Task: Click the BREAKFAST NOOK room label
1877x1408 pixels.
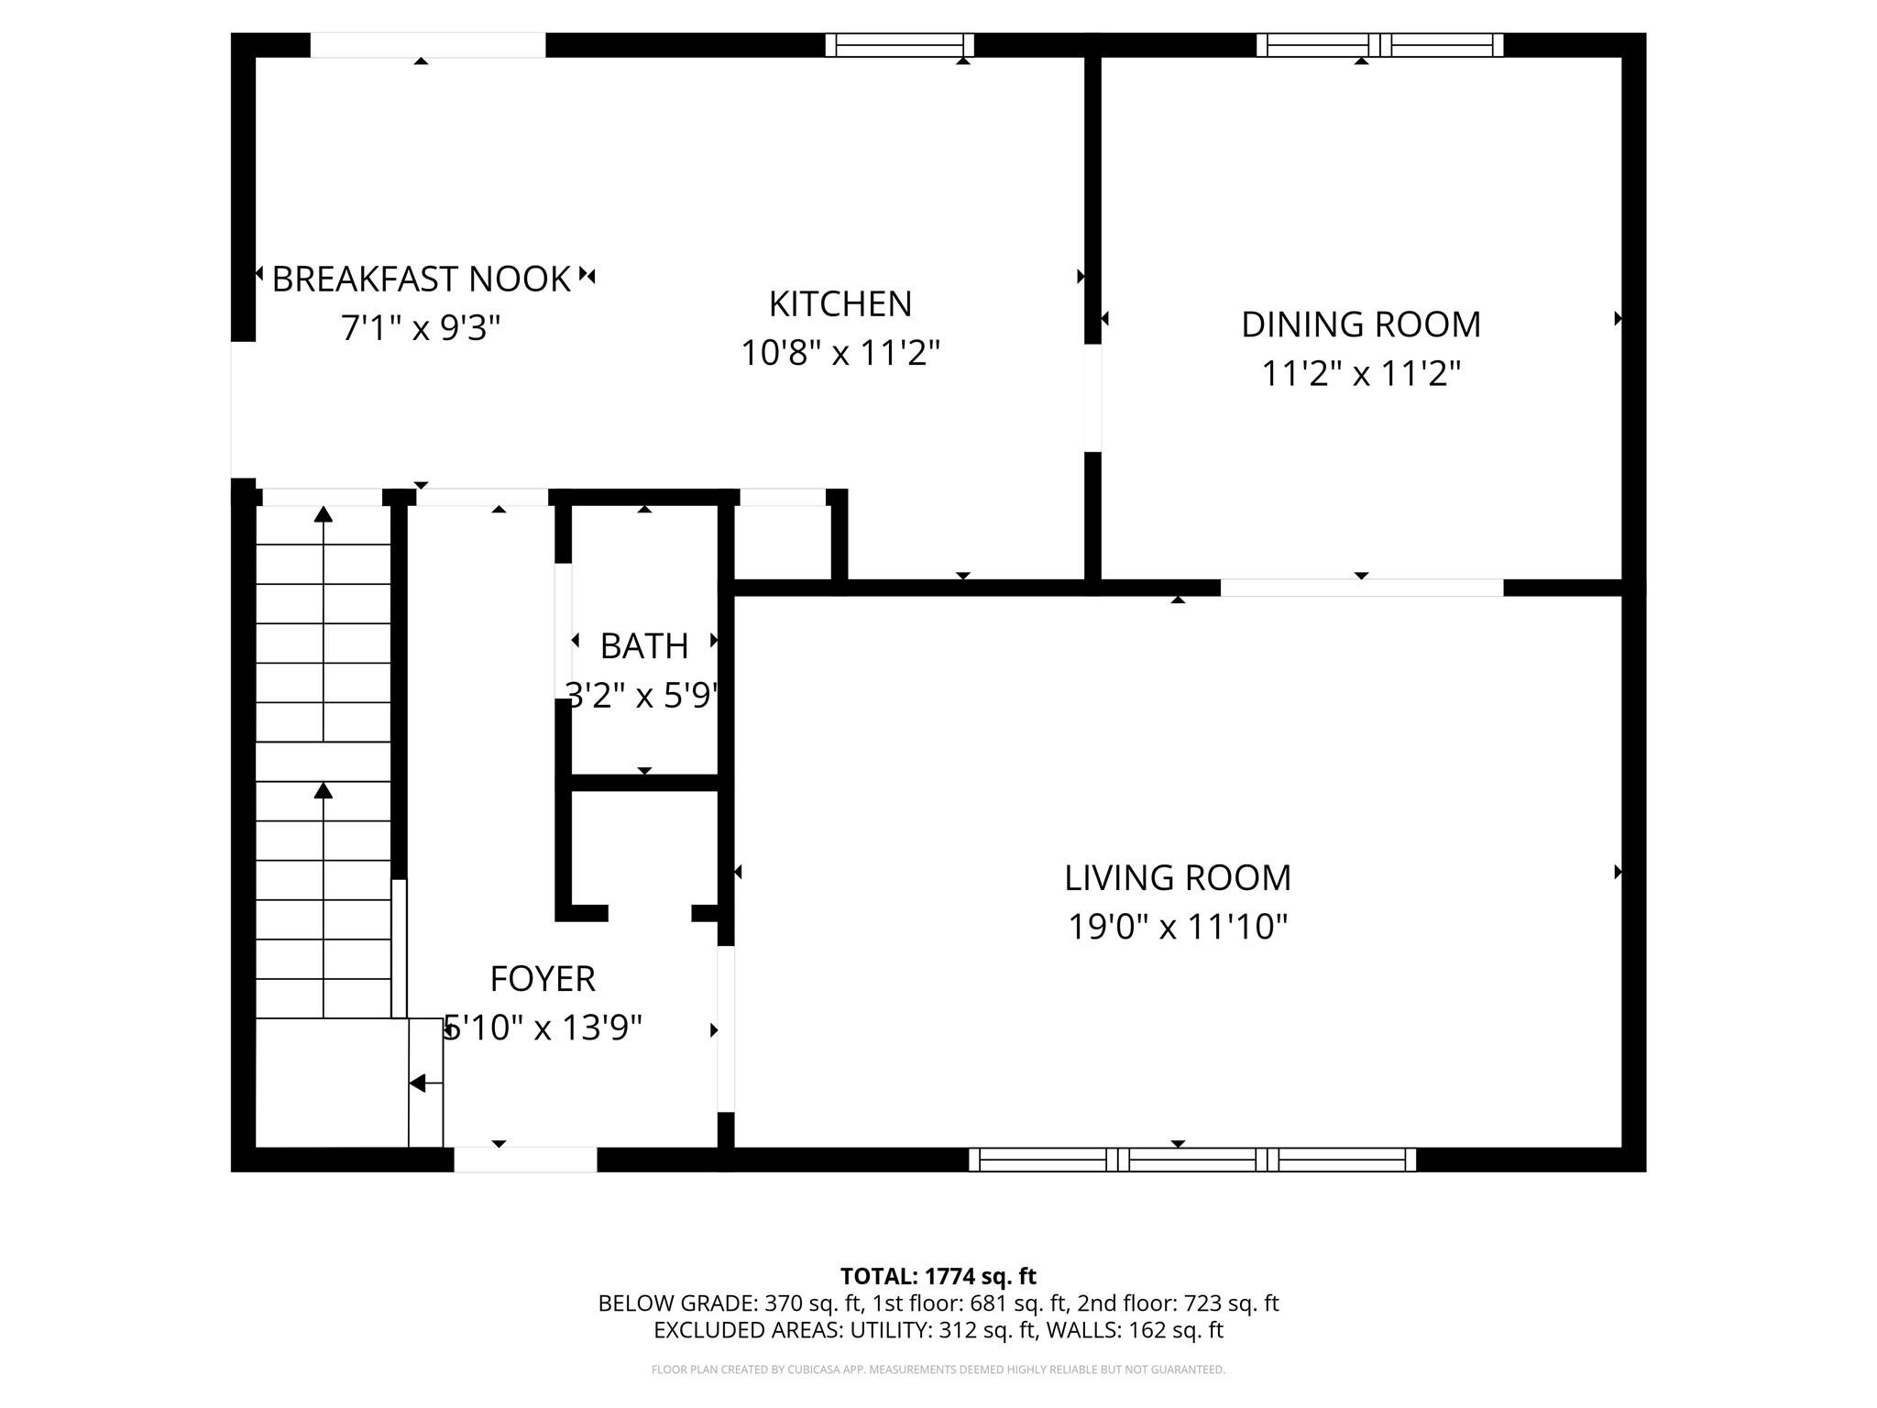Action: pyautogui.click(x=421, y=279)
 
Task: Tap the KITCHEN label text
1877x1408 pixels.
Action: pyautogui.click(x=840, y=304)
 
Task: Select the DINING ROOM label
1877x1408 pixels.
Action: pyautogui.click(x=1360, y=324)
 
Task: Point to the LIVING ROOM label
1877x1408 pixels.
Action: pyautogui.click(x=1177, y=878)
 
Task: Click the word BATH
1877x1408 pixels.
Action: pyautogui.click(x=643, y=646)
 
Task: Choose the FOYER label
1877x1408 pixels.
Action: pyautogui.click(x=543, y=979)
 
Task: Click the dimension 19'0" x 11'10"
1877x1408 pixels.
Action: pyautogui.click(x=1177, y=927)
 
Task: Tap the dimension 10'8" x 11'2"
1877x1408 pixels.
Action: pyautogui.click(x=840, y=353)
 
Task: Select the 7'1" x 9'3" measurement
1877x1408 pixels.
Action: pyautogui.click(x=421, y=327)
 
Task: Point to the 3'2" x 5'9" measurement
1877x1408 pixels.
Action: pyautogui.click(x=642, y=696)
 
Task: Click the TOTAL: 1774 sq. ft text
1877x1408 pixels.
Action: pyautogui.click(x=938, y=1276)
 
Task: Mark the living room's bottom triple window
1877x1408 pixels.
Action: pyautogui.click(x=1191, y=1160)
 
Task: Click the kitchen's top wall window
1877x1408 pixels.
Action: pyautogui.click(x=899, y=45)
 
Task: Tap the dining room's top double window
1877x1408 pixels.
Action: pyautogui.click(x=1379, y=45)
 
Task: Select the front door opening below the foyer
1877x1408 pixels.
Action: pyautogui.click(x=525, y=1160)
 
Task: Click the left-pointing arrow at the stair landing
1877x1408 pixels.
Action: pyautogui.click(x=419, y=1083)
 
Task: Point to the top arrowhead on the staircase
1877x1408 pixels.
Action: pyautogui.click(x=323, y=514)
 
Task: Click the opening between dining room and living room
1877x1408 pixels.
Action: pyautogui.click(x=1361, y=588)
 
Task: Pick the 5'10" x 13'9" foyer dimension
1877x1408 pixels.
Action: pyautogui.click(x=543, y=1028)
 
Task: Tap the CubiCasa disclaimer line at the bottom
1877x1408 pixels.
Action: pyautogui.click(x=938, y=1369)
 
